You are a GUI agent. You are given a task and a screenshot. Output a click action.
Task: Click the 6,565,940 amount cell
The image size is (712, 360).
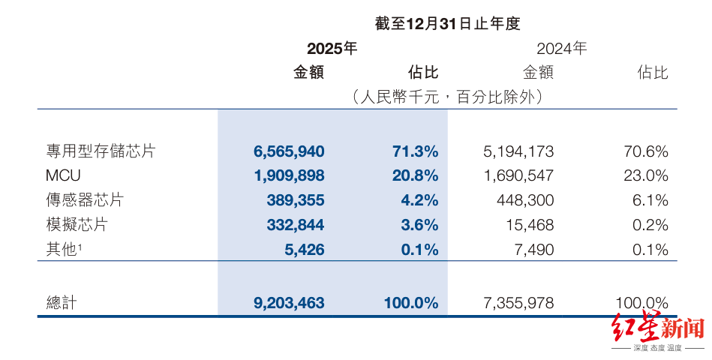[x=289, y=151]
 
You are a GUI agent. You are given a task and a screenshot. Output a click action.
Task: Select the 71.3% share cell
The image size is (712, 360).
[x=416, y=151]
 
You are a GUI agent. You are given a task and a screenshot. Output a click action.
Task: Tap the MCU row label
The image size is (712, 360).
[x=63, y=175]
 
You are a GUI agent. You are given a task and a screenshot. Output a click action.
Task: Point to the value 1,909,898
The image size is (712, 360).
[x=290, y=175]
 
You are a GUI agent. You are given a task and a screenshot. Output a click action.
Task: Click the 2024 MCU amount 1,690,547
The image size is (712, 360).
[x=518, y=175]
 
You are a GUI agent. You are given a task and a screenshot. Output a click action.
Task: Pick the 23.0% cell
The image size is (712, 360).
[x=646, y=175]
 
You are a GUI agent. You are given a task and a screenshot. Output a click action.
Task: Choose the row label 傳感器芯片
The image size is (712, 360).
[x=85, y=200]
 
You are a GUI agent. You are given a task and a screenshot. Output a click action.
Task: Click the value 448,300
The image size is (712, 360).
[x=525, y=200]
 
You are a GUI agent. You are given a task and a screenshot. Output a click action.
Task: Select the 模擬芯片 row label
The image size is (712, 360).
[x=77, y=225]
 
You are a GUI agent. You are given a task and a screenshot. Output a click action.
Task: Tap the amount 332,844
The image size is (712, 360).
[x=296, y=225]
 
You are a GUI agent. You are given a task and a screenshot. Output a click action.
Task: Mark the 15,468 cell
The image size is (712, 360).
[x=530, y=225]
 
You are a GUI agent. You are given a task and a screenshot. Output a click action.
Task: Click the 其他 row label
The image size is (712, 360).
[x=62, y=249]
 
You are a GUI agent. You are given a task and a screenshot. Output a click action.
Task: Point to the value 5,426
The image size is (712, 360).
[x=305, y=249]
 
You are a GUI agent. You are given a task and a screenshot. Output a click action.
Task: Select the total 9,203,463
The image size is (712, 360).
[x=289, y=303]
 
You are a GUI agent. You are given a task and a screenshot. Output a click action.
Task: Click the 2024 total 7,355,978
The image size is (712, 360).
[x=518, y=303]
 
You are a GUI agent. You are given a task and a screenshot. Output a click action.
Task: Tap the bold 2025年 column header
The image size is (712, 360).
[x=332, y=48]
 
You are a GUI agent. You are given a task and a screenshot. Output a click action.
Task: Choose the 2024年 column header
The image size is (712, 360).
[x=562, y=48]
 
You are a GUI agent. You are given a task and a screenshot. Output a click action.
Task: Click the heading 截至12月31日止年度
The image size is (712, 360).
[x=447, y=23]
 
